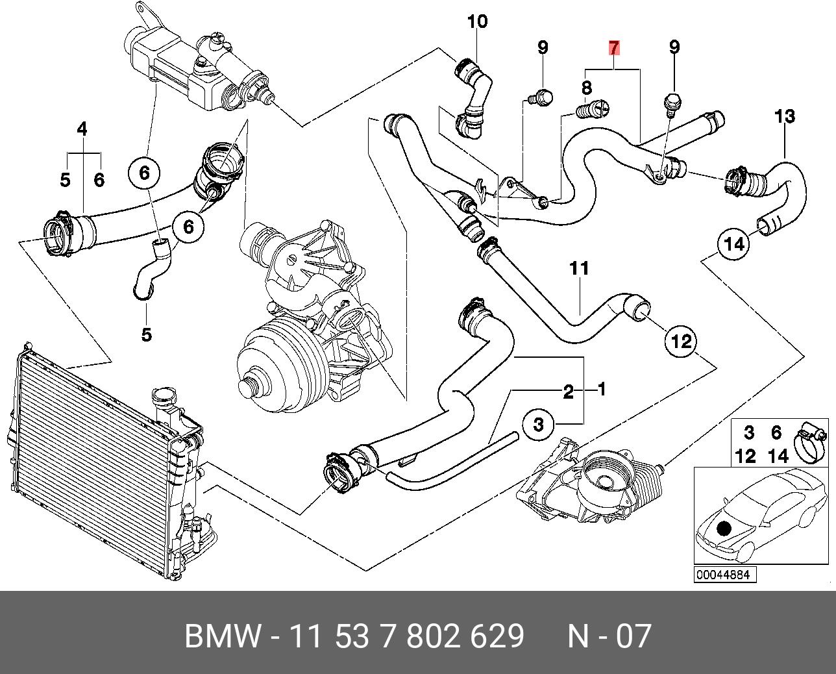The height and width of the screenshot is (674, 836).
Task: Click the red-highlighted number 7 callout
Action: (x=613, y=48)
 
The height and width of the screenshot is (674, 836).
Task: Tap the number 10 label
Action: (x=477, y=22)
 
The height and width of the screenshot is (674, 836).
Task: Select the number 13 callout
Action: (x=784, y=116)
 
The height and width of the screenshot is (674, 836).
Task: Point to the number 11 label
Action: (x=579, y=269)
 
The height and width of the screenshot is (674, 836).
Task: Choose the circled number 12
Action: (x=682, y=342)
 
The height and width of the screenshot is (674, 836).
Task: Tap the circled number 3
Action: (x=538, y=425)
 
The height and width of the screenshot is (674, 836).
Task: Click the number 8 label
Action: (x=587, y=88)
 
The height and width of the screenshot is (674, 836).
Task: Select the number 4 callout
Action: (x=82, y=129)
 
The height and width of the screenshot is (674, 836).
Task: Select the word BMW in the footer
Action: (x=222, y=636)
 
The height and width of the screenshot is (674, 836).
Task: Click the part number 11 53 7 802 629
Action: (x=407, y=636)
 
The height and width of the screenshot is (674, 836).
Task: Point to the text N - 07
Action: (x=609, y=636)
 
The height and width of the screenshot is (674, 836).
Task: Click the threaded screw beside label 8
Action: (x=593, y=108)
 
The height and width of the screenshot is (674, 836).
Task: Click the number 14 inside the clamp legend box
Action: (x=778, y=456)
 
